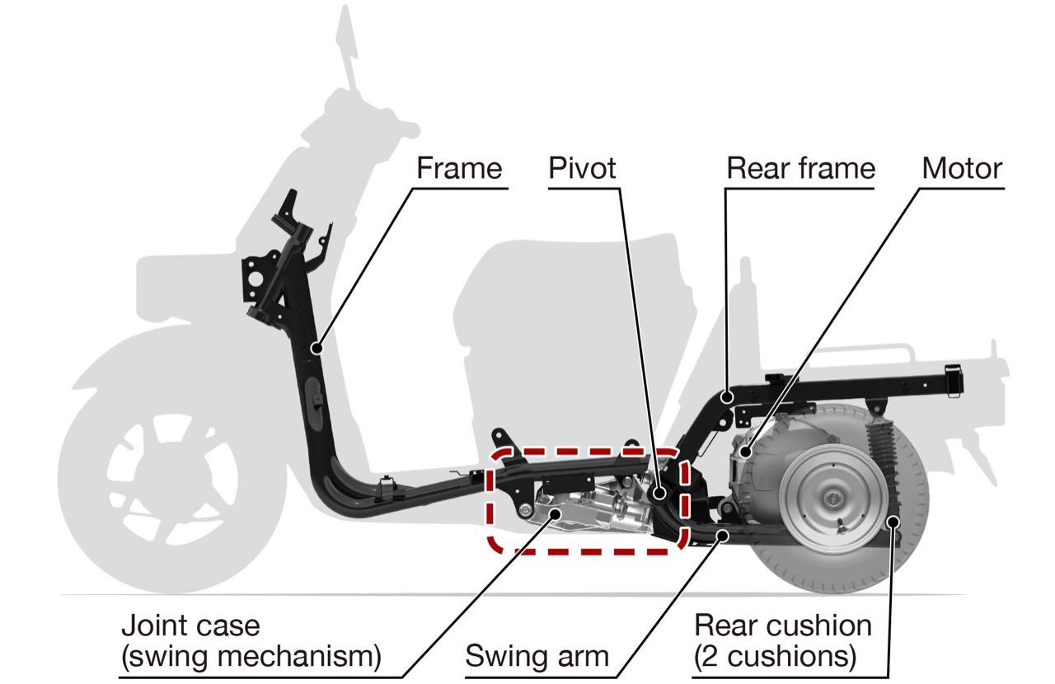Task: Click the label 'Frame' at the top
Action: (459, 168)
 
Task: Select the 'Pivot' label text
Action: (582, 168)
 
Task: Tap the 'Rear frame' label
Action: (799, 168)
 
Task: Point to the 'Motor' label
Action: (962, 168)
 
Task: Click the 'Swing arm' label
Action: (537, 657)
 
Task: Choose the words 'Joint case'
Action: (190, 625)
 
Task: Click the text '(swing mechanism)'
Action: (251, 657)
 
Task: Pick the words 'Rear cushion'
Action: (782, 625)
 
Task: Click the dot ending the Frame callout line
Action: (315, 349)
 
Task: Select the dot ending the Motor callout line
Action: (744, 452)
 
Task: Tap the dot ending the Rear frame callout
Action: (727, 396)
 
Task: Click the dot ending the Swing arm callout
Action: (723, 535)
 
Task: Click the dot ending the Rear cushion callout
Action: (892, 521)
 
